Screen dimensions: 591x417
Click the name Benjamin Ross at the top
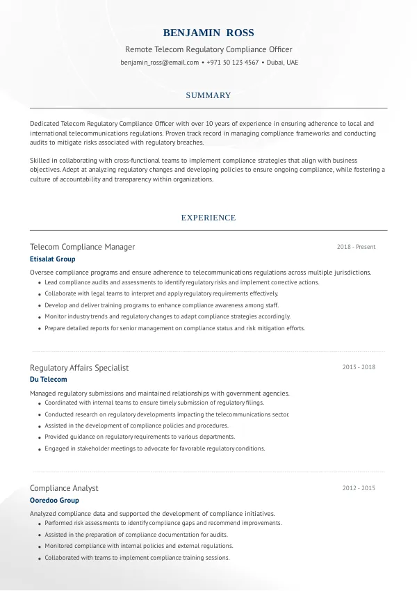click(x=208, y=33)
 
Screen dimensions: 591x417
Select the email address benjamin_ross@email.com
click(x=160, y=63)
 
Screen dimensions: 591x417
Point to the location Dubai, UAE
click(x=282, y=63)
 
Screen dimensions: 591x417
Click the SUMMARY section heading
click(x=208, y=95)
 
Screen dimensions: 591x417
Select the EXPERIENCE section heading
click(x=208, y=218)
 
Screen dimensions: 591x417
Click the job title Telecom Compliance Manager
click(x=83, y=247)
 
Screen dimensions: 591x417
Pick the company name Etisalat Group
click(x=53, y=259)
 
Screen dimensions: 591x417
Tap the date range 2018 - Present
click(x=356, y=247)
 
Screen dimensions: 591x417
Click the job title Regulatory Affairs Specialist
click(x=79, y=368)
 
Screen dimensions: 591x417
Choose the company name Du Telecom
click(x=49, y=380)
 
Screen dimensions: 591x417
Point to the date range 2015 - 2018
click(x=359, y=367)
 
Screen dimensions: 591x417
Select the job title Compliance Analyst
click(x=64, y=488)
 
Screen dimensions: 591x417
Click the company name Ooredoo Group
click(x=55, y=501)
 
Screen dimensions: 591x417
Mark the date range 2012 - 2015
click(x=359, y=488)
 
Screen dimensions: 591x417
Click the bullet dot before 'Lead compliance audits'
click(x=38, y=284)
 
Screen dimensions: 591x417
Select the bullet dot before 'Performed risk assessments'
click(x=38, y=524)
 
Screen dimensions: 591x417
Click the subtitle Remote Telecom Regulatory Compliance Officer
click(x=208, y=49)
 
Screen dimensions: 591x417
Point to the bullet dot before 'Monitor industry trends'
click(x=38, y=317)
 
